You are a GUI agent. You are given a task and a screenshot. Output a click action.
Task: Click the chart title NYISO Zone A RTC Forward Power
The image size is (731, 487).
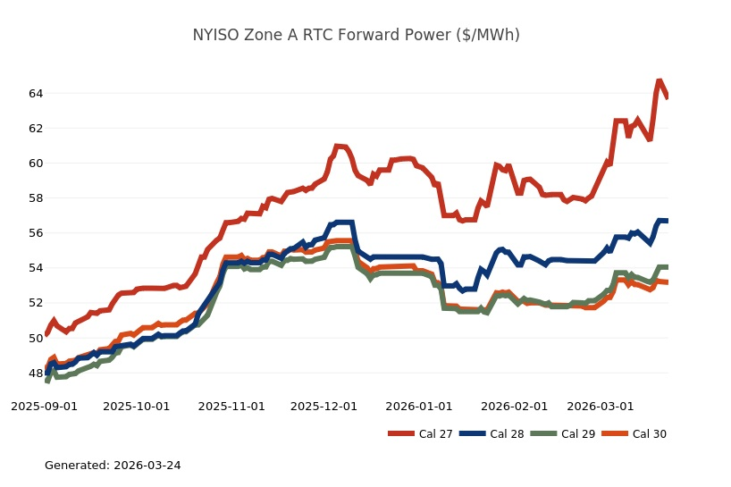point(356,36)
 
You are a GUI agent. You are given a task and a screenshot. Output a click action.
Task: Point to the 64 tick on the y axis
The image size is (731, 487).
point(35,93)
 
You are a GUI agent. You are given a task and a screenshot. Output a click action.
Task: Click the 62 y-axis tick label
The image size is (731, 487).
point(35,128)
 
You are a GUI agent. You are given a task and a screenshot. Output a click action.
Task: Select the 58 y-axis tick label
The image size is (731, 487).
point(35,198)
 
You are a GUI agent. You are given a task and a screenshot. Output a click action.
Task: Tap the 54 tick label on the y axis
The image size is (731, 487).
point(35,268)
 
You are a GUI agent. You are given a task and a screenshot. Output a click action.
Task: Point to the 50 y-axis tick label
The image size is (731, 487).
point(35,338)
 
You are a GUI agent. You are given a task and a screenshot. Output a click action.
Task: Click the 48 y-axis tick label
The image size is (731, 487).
point(35,374)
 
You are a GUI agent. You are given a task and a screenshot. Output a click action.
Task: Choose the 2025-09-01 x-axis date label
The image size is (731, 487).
point(44,406)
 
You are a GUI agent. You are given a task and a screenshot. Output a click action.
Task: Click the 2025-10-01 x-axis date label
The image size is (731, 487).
point(137,406)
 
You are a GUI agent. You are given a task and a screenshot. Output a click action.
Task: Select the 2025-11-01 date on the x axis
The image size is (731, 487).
point(231,406)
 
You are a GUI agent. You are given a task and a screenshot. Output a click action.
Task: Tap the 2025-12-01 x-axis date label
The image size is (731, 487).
point(324,406)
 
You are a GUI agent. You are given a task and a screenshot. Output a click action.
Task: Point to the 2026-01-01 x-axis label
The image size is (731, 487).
point(419,406)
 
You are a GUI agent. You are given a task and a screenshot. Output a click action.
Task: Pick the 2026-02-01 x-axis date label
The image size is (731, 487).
point(514,406)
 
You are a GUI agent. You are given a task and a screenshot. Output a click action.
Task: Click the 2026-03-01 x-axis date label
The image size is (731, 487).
point(601,406)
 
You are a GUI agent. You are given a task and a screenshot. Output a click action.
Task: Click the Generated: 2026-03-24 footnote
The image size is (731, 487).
point(113,466)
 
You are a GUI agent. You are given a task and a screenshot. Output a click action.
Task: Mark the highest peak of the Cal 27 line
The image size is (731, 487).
point(660,81)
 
